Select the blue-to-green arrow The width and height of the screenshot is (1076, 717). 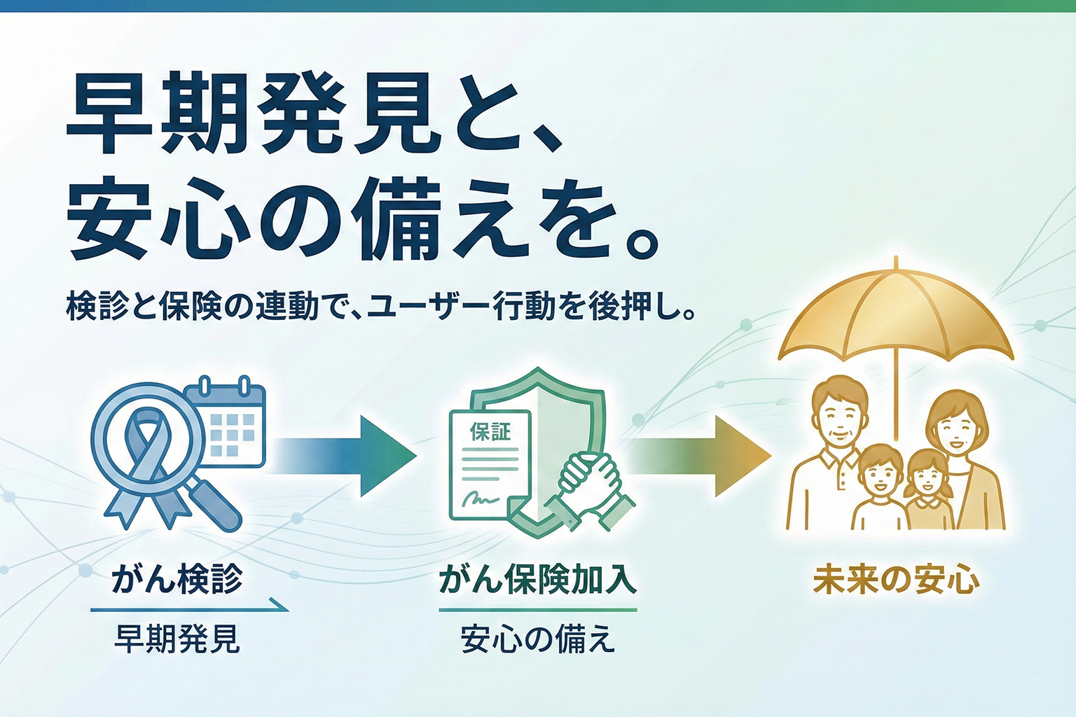click(x=343, y=456)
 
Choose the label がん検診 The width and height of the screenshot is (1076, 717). click(x=177, y=580)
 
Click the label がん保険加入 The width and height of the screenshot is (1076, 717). click(x=537, y=580)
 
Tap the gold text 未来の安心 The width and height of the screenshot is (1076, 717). click(x=896, y=580)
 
